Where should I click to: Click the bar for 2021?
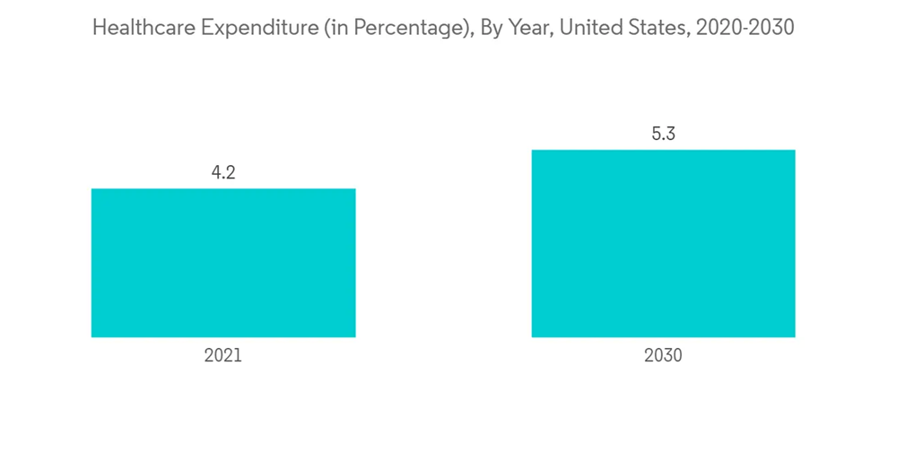[x=223, y=263]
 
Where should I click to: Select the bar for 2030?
[x=663, y=243]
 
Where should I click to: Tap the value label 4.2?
[x=223, y=173]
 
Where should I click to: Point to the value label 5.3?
[x=663, y=135]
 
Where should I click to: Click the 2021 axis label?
[x=223, y=355]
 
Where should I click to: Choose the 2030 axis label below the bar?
[x=663, y=355]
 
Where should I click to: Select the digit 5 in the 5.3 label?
[x=656, y=135]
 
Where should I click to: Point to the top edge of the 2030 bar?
[x=663, y=150]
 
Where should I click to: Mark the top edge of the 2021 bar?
[x=223, y=188]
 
